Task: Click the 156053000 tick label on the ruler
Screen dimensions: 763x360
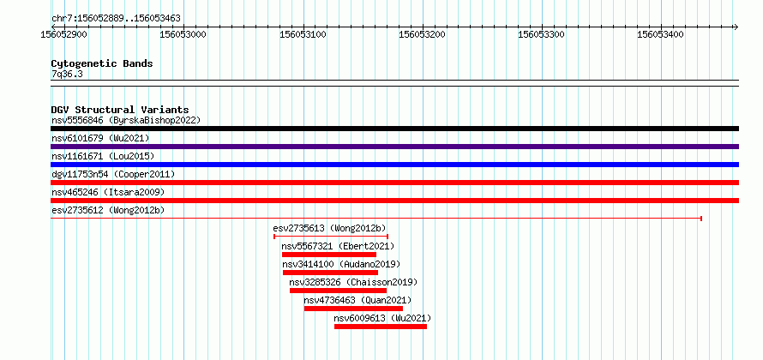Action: [x=183, y=34]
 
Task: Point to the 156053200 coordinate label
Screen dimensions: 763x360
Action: [x=423, y=34]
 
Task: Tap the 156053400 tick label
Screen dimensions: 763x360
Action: [x=661, y=34]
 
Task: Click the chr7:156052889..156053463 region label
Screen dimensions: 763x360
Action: [x=116, y=19]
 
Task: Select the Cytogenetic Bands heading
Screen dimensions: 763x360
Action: [x=102, y=63]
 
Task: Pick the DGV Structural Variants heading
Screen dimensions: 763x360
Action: [x=120, y=110]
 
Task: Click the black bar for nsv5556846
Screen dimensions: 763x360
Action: [x=394, y=129]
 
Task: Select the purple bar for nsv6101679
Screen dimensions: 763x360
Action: [x=394, y=147]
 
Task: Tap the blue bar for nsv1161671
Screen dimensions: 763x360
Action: [x=394, y=165]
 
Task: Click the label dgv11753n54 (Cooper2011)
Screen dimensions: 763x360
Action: [x=113, y=174]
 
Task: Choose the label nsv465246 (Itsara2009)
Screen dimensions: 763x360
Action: [x=108, y=192]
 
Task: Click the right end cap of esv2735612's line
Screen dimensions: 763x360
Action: [x=701, y=219]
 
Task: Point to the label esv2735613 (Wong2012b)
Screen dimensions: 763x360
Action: [x=330, y=228]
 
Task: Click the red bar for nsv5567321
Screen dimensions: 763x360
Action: [x=329, y=255]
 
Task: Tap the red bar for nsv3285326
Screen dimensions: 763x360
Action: [x=338, y=291]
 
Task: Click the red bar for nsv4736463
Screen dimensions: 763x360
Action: [x=353, y=309]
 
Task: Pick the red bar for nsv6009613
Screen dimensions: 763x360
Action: [x=381, y=327]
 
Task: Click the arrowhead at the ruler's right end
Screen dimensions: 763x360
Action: [x=736, y=27]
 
